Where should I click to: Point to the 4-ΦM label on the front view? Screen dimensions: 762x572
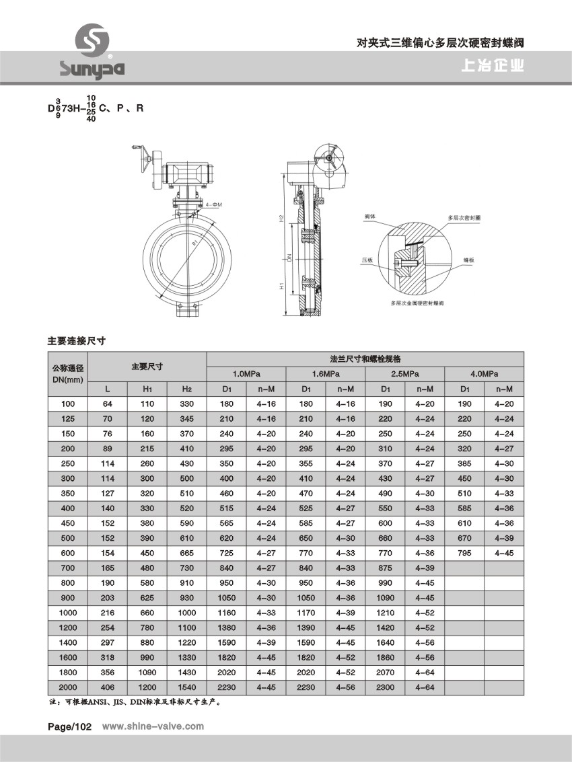pyautogui.click(x=215, y=203)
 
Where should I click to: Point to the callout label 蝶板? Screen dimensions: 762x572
pyautogui.click(x=469, y=259)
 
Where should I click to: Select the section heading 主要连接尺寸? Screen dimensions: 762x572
pyautogui.click(x=77, y=341)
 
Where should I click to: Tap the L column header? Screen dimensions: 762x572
pyautogui.click(x=108, y=389)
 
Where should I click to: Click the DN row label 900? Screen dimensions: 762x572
pyautogui.click(x=68, y=598)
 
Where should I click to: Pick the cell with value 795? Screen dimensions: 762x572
pyautogui.click(x=464, y=552)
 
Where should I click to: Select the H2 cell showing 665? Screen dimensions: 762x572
pyautogui.click(x=186, y=552)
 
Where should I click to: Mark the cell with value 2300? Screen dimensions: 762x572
pyautogui.click(x=386, y=687)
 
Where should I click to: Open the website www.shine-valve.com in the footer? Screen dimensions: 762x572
pyautogui.click(x=152, y=726)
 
